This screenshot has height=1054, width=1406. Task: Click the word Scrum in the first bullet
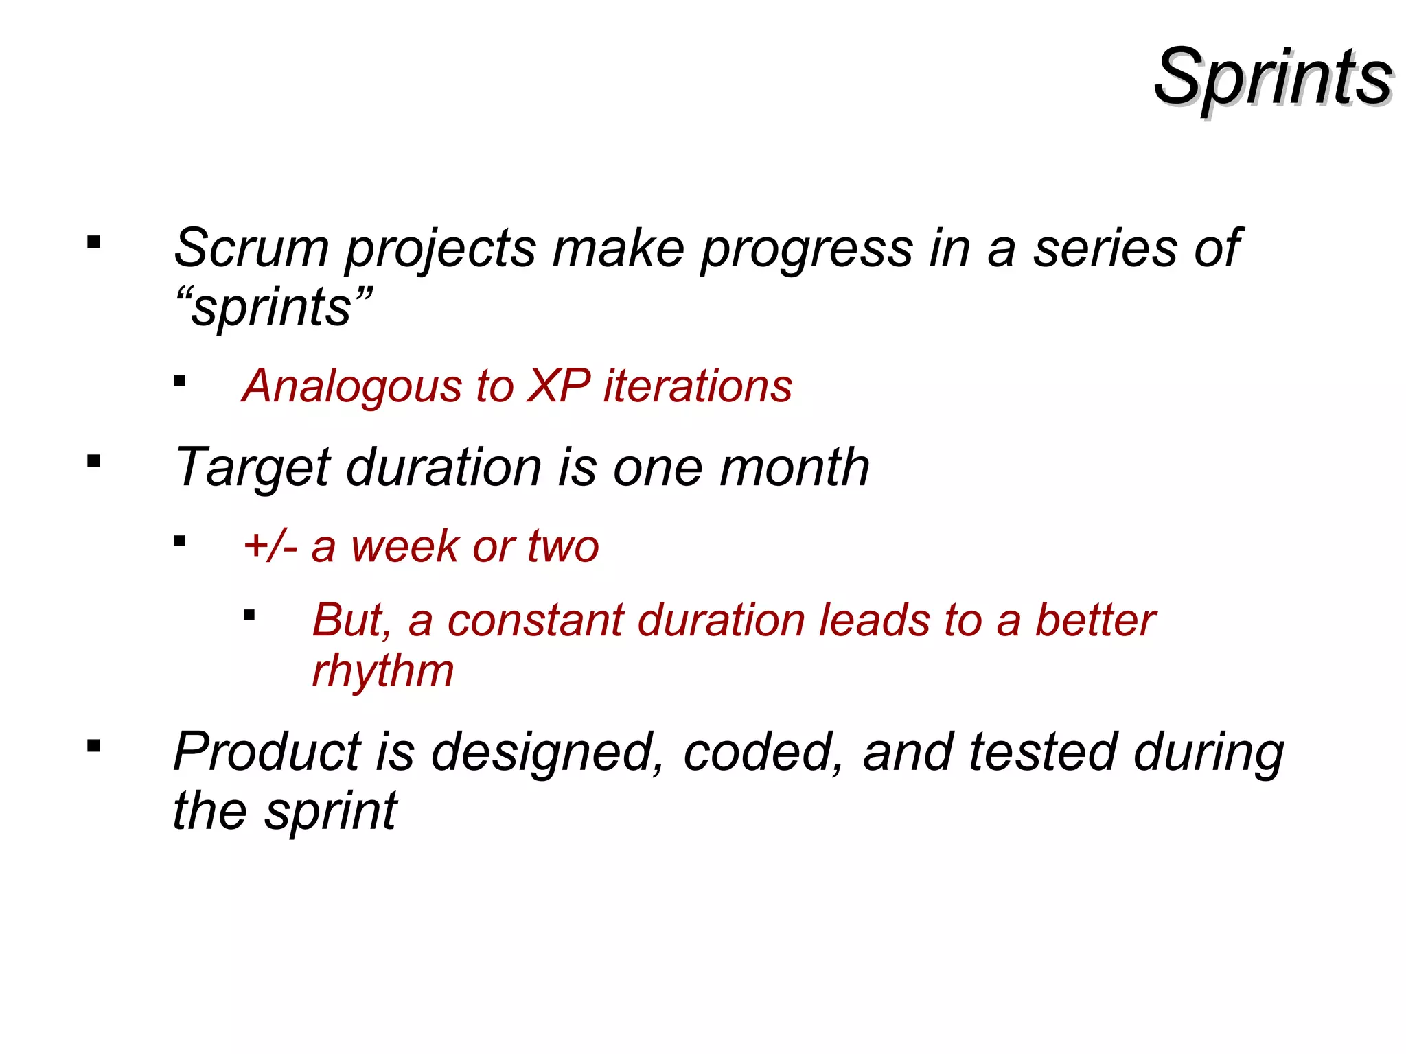[x=251, y=248]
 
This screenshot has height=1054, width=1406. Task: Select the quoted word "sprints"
[x=273, y=307]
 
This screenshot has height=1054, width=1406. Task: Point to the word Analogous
[x=351, y=386]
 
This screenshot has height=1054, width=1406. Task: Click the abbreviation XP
[x=557, y=386]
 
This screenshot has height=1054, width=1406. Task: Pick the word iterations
[x=698, y=386]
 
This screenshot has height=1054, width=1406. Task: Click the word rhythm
[x=382, y=670]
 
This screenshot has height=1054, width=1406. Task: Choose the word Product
[x=267, y=752]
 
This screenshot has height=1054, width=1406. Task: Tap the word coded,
[x=763, y=752]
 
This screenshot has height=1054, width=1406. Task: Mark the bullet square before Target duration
[x=94, y=461]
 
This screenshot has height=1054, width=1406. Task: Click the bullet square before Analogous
[x=180, y=382]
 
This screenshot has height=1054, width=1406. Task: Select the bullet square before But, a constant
[x=249, y=616]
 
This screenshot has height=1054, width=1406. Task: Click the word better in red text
[x=1095, y=620]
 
